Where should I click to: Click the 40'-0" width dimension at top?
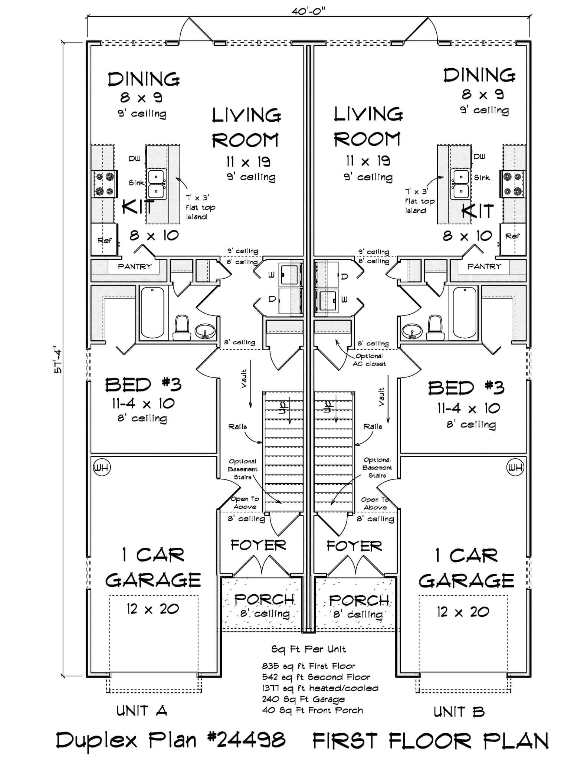pos(308,12)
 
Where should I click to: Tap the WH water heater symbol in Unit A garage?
pos(101,467)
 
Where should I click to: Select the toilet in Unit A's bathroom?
pos(182,328)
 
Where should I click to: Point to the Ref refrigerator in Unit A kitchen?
pos(104,240)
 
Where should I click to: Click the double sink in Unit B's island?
pos(460,184)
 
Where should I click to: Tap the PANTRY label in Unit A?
pos(134,266)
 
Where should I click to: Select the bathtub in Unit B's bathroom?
pos(465,312)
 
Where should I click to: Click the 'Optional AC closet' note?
pos(369,360)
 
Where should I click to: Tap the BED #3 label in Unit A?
pos(143,384)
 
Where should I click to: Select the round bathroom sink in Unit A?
pos(205,330)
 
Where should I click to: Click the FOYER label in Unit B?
pos(354,546)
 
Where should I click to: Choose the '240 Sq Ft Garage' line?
pos(303,699)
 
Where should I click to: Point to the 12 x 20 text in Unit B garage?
pos(463,612)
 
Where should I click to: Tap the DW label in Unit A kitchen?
pos(134,158)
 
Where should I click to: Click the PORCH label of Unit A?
pos(264,599)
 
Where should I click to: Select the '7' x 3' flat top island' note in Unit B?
pos(419,201)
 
